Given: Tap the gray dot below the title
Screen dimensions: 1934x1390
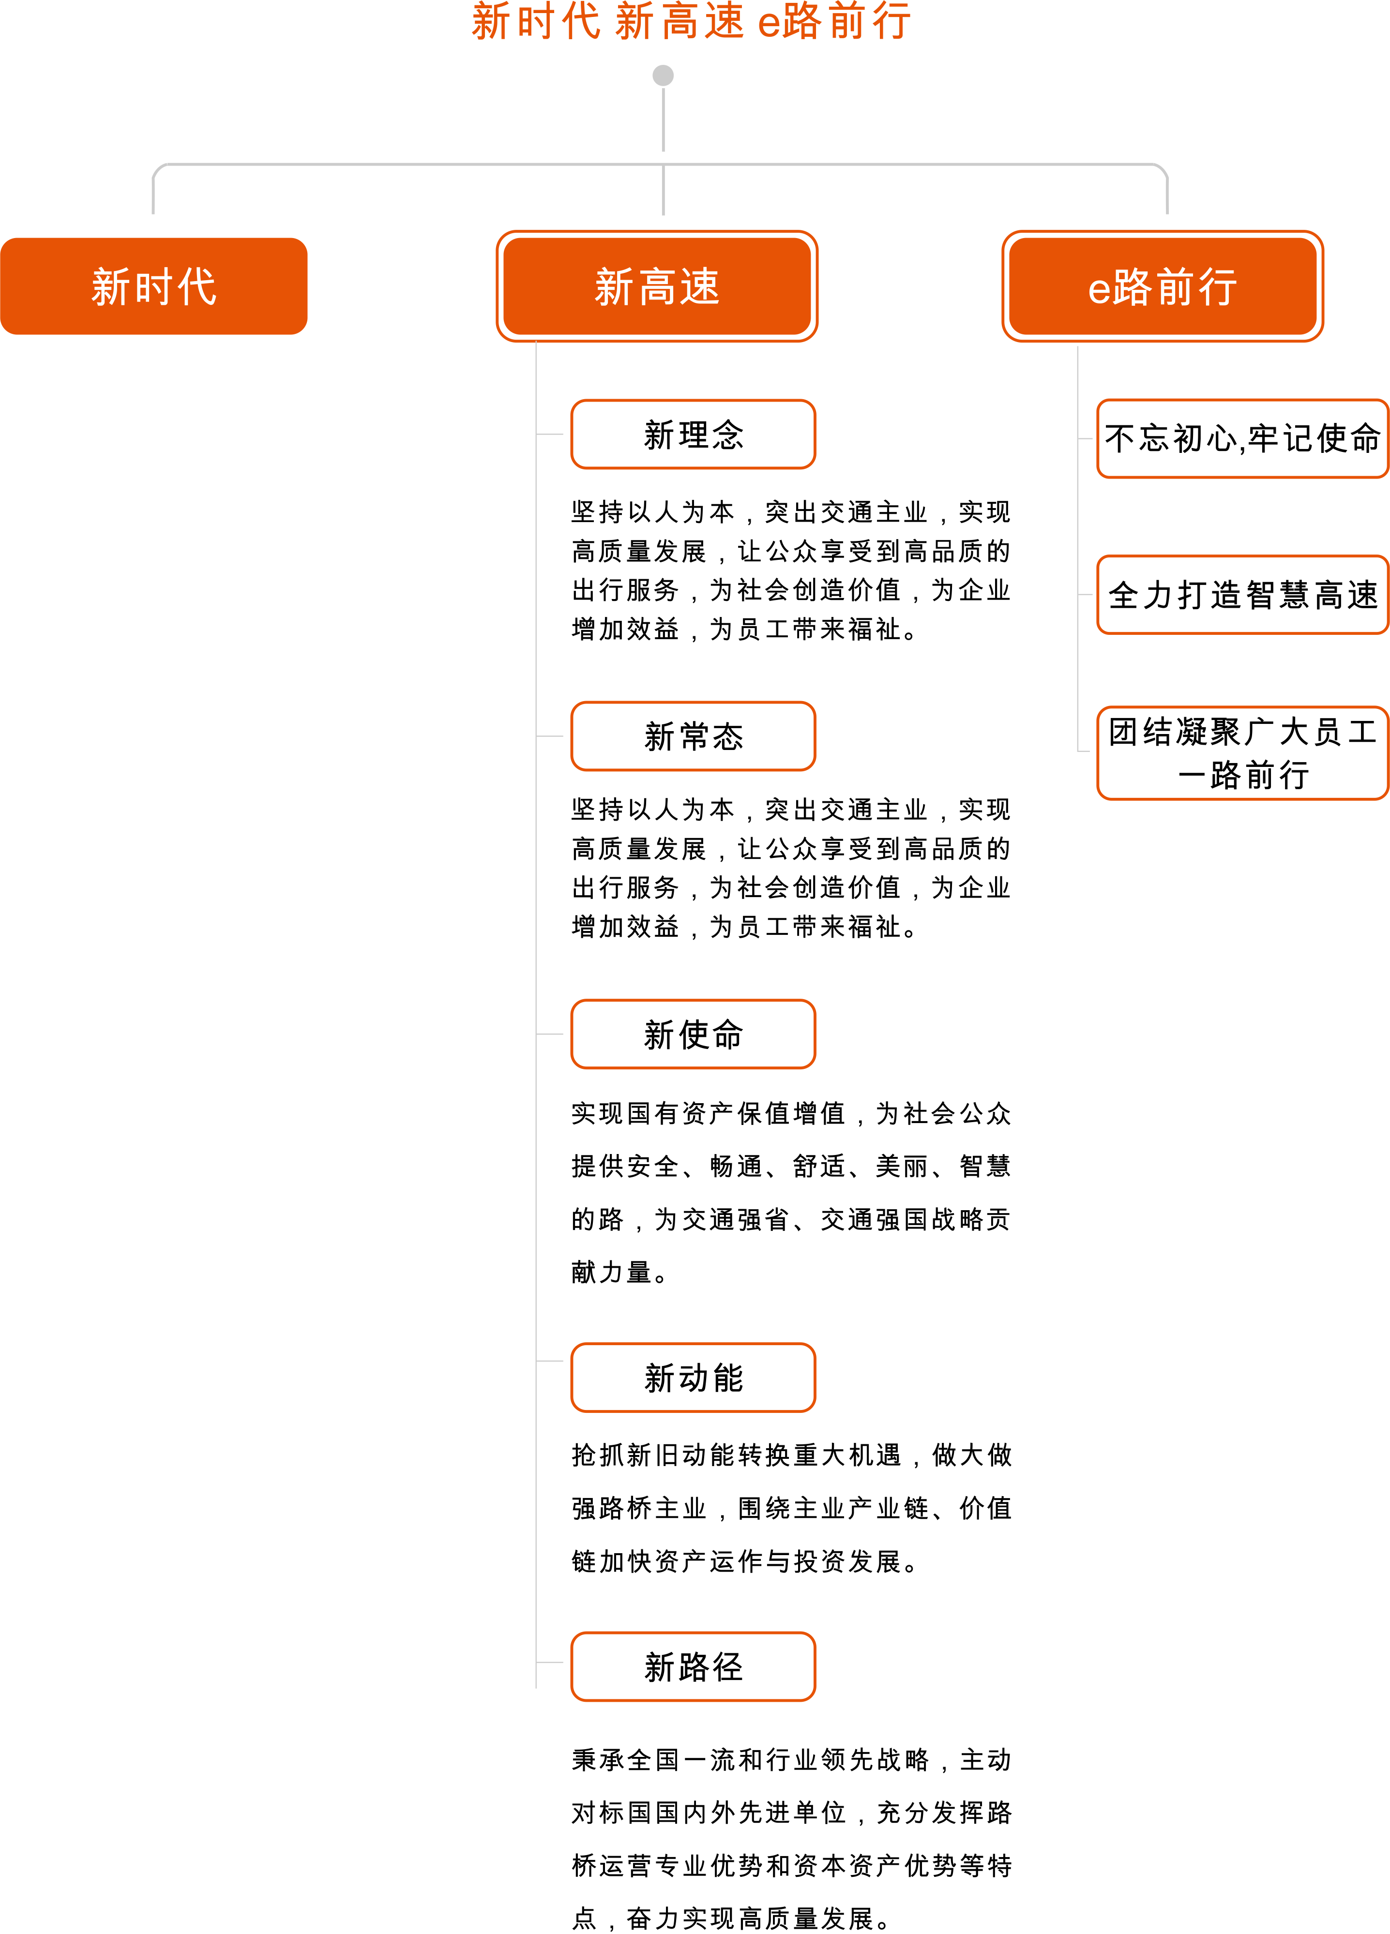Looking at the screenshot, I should coord(663,76).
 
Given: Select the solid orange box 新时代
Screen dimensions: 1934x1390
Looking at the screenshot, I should coord(153,286).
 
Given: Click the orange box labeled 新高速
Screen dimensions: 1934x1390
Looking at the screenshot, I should coord(657,286).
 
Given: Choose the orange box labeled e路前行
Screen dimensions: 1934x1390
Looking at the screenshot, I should coord(1163,286).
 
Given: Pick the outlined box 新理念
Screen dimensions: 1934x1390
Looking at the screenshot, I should coord(693,435).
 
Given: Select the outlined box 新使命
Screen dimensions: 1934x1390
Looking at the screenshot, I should coord(693,1034).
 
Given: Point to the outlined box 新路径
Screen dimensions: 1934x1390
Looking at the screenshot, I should coord(693,1667).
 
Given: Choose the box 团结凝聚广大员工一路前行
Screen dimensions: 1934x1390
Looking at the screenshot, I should coord(1242,753).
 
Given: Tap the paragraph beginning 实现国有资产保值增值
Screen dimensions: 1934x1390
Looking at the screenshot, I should coord(790,1192).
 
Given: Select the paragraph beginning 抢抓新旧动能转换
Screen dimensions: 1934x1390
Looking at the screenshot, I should coord(790,1508).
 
